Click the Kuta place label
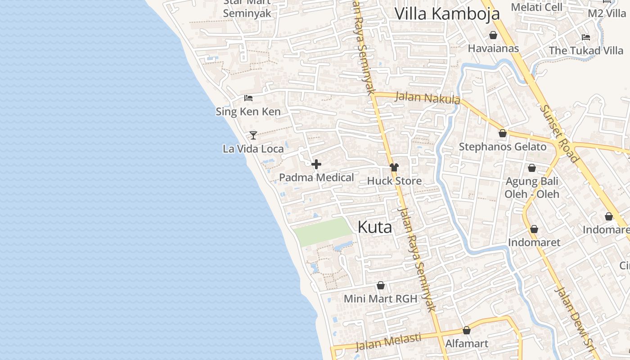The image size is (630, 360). pyautogui.click(x=374, y=227)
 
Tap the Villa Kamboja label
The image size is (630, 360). pyautogui.click(x=447, y=13)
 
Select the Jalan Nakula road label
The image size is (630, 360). pyautogui.click(x=427, y=98)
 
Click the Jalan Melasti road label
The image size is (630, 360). pyautogui.click(x=388, y=342)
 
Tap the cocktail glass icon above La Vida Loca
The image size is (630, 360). pyautogui.click(x=253, y=135)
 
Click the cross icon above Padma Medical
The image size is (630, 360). pyautogui.click(x=316, y=164)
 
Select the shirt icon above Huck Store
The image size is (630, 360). pyautogui.click(x=394, y=167)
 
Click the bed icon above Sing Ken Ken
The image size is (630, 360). pyautogui.click(x=248, y=98)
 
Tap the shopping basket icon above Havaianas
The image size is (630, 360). pyautogui.click(x=493, y=35)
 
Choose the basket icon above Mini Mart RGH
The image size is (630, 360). pyautogui.click(x=381, y=285)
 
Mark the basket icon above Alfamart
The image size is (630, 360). pyautogui.click(x=467, y=330)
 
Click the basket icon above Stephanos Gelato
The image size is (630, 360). pyautogui.click(x=503, y=133)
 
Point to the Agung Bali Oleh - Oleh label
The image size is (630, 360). pyautogui.click(x=532, y=188)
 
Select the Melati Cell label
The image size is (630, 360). pyautogui.click(x=536, y=7)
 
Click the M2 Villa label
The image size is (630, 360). pyautogui.click(x=607, y=13)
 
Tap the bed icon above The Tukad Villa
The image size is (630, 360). pyautogui.click(x=585, y=37)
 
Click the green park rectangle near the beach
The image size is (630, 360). pyautogui.click(x=322, y=231)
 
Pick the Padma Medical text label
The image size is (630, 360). pyautogui.click(x=316, y=178)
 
